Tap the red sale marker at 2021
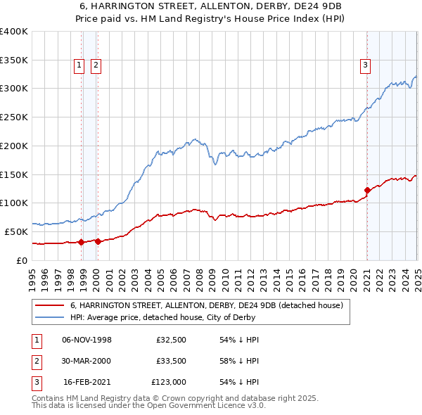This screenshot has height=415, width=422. [367, 190]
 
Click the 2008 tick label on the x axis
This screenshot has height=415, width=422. [199, 274]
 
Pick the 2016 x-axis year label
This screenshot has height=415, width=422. [302, 274]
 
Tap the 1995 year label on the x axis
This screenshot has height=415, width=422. [32, 274]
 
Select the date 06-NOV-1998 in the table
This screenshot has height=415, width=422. [87, 340]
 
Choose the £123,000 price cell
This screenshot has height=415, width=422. [169, 383]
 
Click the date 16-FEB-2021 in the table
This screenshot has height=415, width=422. [87, 383]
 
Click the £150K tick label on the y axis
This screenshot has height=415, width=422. [14, 174]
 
